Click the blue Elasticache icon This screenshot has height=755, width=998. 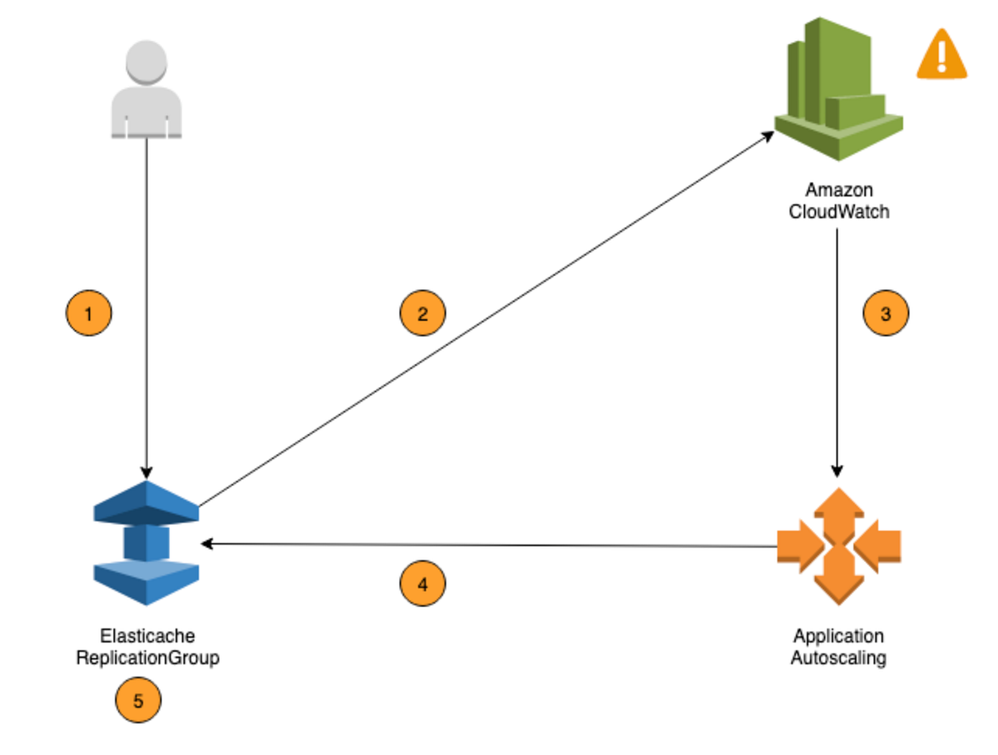146,542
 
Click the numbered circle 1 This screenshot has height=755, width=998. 88,313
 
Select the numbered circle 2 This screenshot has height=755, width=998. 422,313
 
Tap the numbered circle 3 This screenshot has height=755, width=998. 886,313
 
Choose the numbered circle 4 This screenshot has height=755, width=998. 422,584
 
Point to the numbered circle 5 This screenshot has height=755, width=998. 138,701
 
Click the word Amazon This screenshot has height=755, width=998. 838,190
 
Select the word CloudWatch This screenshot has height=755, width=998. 838,212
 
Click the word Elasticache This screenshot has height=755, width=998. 147,636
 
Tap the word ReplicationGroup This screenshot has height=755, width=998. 147,658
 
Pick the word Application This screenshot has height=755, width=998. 838,636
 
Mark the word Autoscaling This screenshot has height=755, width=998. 838,658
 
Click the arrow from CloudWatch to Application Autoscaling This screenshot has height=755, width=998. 837,374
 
